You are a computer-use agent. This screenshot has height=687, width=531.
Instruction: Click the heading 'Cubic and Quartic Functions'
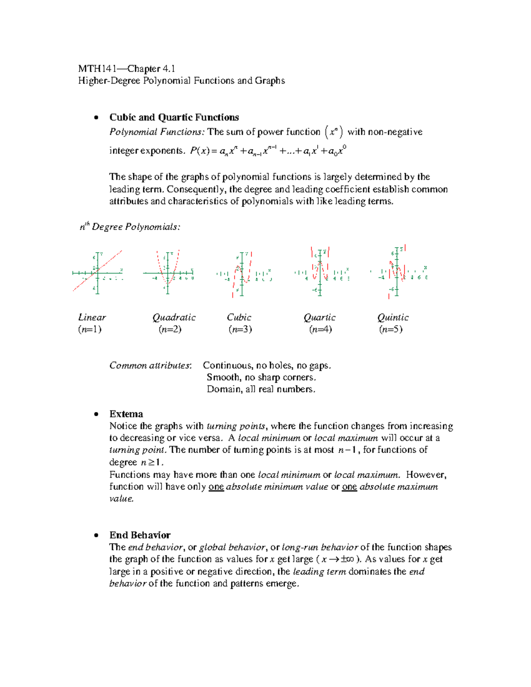click(x=174, y=117)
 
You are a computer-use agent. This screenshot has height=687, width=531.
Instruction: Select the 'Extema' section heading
click(x=126, y=414)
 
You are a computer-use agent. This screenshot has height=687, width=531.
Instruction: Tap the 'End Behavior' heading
click(x=140, y=535)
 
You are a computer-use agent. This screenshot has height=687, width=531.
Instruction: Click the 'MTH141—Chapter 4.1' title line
click(x=127, y=69)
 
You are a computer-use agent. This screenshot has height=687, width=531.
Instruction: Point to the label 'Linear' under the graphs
click(x=92, y=317)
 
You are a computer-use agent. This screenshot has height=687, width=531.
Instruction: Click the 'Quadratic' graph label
click(x=174, y=317)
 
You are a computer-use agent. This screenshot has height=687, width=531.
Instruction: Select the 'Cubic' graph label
click(x=239, y=317)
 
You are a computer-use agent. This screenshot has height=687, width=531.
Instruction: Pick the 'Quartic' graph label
click(x=319, y=317)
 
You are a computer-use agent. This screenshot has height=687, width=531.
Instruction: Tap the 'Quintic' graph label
click(x=392, y=317)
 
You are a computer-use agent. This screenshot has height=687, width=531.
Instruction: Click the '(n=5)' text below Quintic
click(x=391, y=329)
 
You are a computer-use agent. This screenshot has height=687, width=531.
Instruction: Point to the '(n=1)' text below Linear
click(x=90, y=329)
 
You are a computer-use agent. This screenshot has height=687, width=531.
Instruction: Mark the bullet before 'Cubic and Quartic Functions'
click(x=96, y=118)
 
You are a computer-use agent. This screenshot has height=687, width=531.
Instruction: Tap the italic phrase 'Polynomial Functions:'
click(x=157, y=132)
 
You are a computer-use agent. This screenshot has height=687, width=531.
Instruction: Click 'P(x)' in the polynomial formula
click(x=200, y=151)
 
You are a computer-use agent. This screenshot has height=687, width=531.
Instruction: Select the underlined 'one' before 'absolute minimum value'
click(x=216, y=487)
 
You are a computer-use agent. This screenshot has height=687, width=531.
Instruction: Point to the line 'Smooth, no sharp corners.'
click(x=261, y=377)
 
